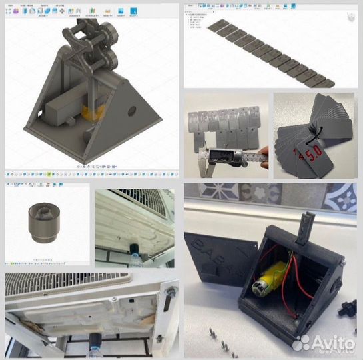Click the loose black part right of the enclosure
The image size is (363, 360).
tap(346, 308)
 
